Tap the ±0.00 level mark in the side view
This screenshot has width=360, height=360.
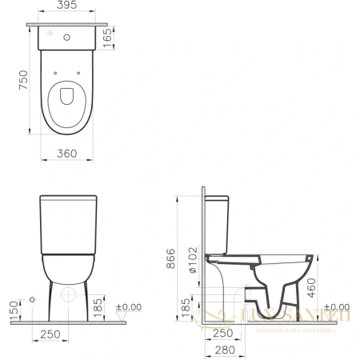click(x=339, y=306)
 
